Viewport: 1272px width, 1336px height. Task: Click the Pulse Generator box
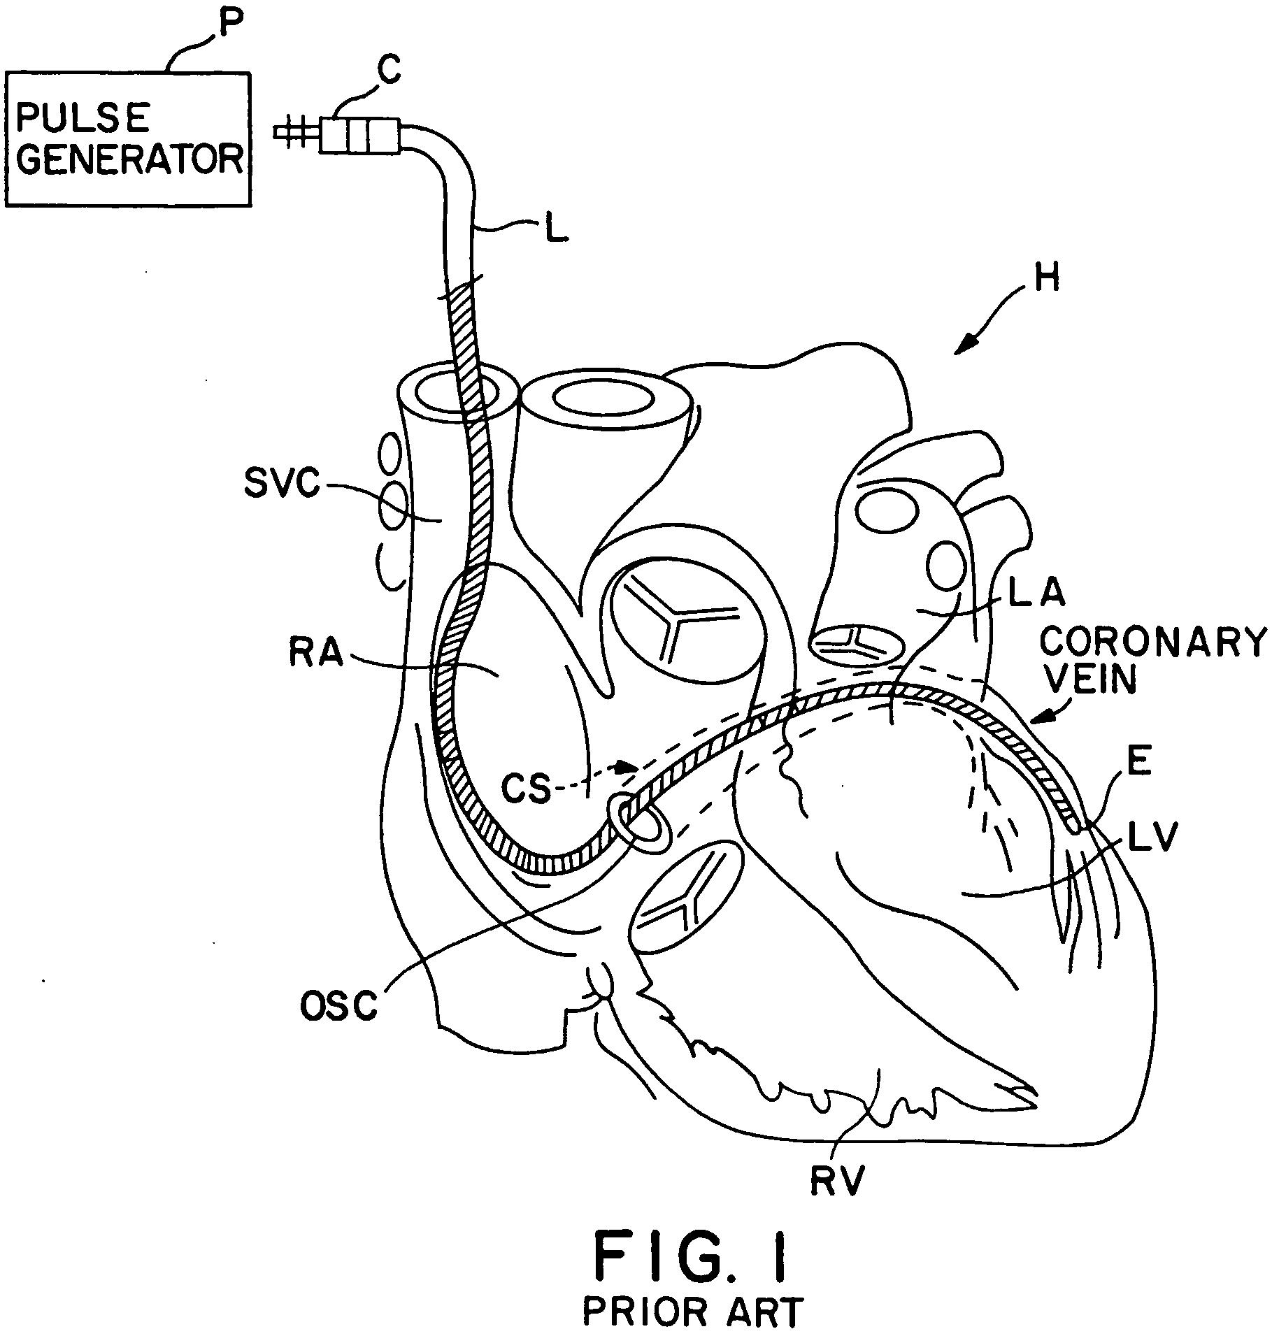(x=128, y=138)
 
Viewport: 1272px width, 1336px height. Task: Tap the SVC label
(x=281, y=483)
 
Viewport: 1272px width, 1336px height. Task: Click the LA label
(x=1036, y=593)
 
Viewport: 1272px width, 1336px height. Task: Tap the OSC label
(x=338, y=1007)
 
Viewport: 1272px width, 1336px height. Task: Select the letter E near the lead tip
(x=1139, y=762)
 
